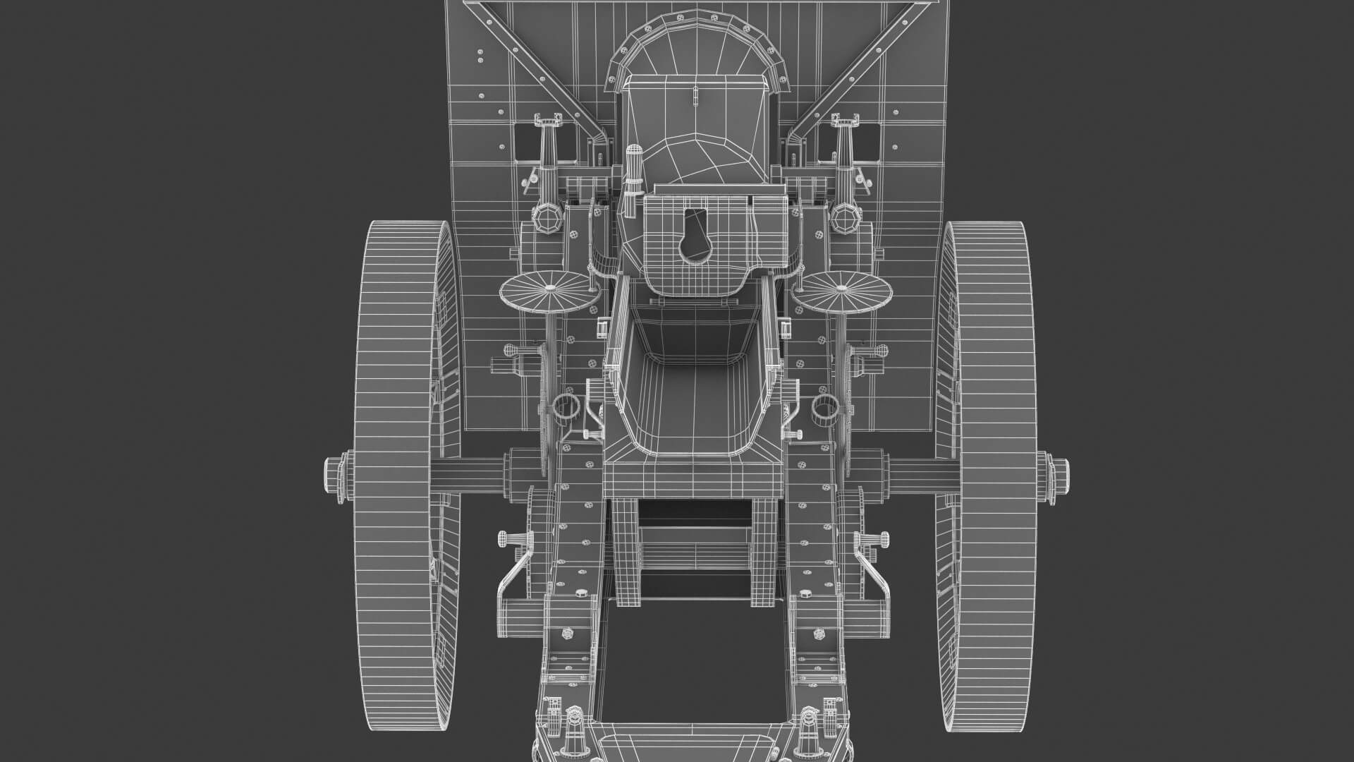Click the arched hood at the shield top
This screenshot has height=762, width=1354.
[x=694, y=42]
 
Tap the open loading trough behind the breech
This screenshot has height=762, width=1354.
[x=694, y=395]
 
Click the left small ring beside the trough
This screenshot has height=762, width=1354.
[x=566, y=408]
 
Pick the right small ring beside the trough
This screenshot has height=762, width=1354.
[x=822, y=408]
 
